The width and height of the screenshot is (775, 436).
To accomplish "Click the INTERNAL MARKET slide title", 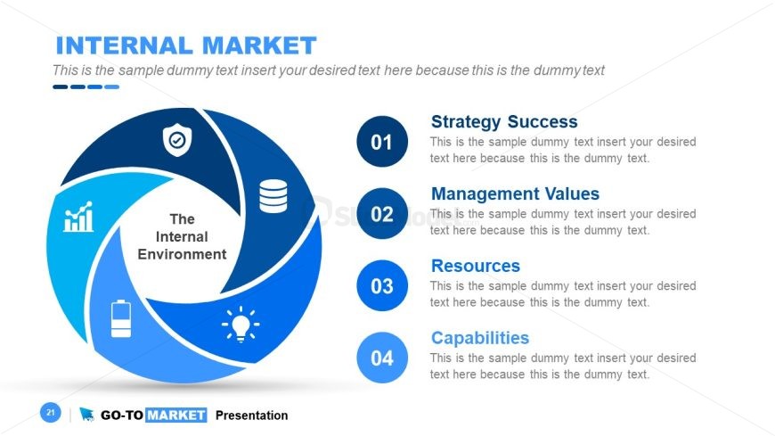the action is (186, 45).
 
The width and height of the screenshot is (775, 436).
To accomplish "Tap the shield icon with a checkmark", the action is (177, 140).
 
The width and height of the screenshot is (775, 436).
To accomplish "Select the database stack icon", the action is (273, 196).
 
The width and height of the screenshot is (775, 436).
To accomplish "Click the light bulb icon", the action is (241, 325).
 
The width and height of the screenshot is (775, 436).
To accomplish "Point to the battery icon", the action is (121, 318).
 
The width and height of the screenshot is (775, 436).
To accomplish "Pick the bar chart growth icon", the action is (78, 217).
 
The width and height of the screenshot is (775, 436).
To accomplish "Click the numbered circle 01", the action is (382, 142).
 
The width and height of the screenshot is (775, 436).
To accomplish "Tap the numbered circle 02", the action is (382, 214).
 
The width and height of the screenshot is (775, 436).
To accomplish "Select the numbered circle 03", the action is (382, 285).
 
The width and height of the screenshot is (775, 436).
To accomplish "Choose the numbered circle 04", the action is (382, 358).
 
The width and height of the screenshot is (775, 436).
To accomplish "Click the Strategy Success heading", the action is (504, 122).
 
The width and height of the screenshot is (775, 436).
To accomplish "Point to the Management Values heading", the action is (515, 193).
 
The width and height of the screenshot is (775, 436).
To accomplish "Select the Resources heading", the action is (476, 266).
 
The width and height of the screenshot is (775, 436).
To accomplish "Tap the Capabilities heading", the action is (480, 338).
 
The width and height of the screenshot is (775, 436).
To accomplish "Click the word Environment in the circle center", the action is (182, 254).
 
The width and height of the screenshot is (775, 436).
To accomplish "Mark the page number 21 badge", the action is (51, 412).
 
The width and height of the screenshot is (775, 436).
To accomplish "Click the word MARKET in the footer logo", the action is (176, 415).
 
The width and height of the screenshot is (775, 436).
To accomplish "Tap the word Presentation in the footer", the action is (251, 415).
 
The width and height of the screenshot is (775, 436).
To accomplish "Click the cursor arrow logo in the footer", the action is (86, 415).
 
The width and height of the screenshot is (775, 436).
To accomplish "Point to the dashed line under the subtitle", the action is (86, 87).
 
